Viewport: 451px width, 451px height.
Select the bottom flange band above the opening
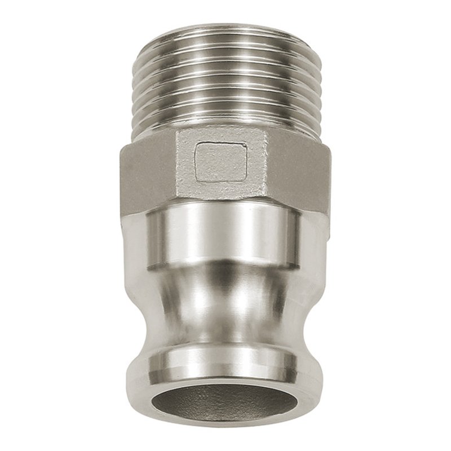point(225,361)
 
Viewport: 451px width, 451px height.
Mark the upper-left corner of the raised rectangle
point(197,144)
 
